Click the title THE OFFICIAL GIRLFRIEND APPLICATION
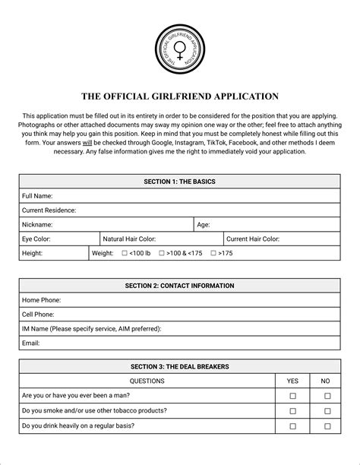[x=180, y=96]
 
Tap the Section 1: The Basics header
[x=179, y=182]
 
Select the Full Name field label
[x=37, y=196]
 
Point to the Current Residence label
[x=49, y=210]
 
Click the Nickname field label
[x=37, y=225]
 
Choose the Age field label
[x=204, y=225]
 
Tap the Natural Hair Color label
[x=129, y=239]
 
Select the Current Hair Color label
[x=252, y=239]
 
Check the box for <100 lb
[x=125, y=253]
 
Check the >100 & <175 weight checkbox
[x=162, y=253]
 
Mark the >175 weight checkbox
[x=213, y=253]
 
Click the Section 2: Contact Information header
[x=179, y=286]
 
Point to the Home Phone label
[x=41, y=300]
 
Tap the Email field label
[x=31, y=343]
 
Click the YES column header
[x=292, y=381]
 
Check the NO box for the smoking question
[x=327, y=411]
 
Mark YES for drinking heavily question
[x=292, y=426]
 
